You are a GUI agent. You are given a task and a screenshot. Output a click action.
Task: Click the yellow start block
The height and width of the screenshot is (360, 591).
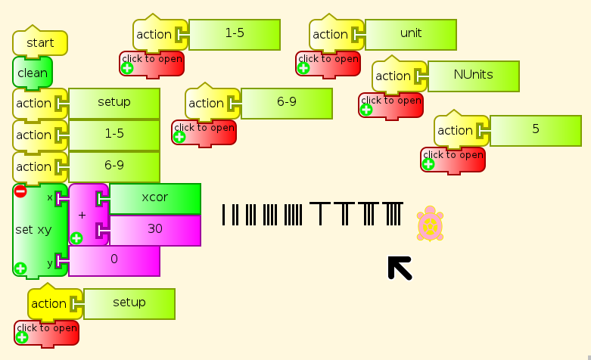[40, 43]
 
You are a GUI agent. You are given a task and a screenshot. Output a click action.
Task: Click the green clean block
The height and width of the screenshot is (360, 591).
[32, 73]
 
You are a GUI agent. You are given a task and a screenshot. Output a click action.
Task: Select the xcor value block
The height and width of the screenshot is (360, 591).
[154, 198]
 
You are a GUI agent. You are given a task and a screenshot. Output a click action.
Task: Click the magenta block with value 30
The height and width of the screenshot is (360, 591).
[154, 230]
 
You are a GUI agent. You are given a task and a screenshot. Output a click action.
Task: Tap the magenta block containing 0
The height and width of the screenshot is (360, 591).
[114, 261]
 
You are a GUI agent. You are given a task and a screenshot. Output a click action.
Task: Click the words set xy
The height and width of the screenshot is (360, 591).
[33, 229]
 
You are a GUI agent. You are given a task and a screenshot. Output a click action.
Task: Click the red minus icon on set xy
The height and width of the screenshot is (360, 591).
[20, 191]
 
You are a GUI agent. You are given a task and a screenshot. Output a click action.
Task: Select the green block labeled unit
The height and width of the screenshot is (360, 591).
[410, 34]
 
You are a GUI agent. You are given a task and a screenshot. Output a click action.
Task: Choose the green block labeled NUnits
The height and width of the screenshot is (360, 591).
[473, 76]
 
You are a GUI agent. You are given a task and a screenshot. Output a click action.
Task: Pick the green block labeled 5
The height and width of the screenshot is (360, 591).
[535, 130]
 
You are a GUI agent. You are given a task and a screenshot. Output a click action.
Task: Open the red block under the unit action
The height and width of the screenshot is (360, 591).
[327, 64]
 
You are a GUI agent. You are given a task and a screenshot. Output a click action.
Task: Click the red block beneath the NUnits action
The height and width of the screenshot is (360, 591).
[390, 105]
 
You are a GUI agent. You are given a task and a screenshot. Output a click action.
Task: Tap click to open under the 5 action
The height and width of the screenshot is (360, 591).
[452, 160]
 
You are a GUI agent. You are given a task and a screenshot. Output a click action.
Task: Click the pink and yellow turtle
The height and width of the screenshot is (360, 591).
[430, 225]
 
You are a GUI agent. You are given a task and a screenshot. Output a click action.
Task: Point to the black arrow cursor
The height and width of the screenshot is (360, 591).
[400, 268]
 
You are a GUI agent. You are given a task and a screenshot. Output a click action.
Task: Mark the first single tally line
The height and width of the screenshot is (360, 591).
[224, 215]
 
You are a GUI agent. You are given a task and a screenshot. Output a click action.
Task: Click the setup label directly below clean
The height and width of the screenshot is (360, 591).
[114, 103]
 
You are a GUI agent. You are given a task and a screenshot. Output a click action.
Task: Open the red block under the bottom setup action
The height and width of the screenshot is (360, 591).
[45, 333]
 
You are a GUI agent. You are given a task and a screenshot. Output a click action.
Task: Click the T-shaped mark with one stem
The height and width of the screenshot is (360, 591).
[321, 214]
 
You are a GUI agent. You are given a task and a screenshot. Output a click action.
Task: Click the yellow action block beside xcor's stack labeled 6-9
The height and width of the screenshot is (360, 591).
[34, 167]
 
